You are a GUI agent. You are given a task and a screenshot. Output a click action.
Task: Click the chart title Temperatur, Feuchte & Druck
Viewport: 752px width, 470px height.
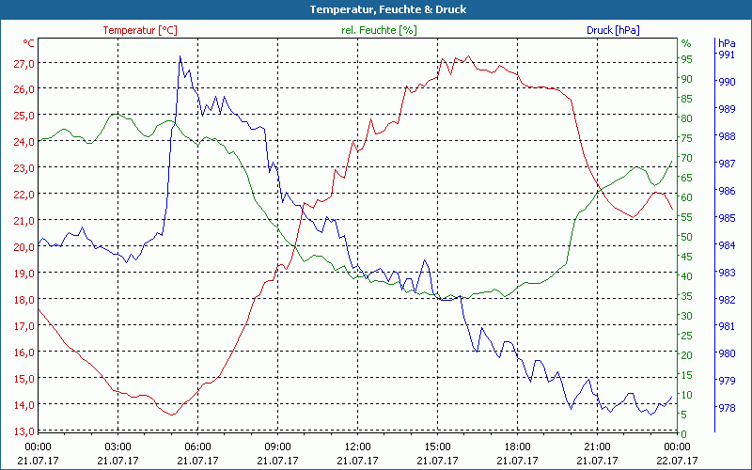tap(375, 9)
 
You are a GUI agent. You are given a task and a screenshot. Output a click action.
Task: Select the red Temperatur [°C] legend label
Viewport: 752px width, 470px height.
tap(139, 30)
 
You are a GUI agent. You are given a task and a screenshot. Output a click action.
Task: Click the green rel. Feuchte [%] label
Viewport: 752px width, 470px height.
tap(379, 30)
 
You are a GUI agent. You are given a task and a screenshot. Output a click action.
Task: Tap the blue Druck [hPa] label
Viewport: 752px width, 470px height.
tap(613, 30)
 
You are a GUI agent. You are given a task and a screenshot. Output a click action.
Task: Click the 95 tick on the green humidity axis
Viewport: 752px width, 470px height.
tap(686, 58)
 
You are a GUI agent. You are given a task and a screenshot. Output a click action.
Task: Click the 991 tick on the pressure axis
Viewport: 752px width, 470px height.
tap(726, 55)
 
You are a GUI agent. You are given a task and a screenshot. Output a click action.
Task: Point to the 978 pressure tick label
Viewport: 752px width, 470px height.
tap(726, 408)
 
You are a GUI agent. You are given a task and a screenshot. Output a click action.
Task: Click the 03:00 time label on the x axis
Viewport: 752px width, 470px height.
tap(117, 446)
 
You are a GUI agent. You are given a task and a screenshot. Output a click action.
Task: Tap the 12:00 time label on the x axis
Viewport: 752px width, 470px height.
tap(357, 446)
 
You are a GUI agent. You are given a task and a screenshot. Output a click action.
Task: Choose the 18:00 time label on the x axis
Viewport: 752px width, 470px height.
tap(517, 446)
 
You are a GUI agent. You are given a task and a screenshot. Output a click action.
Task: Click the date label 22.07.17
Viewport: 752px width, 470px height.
tap(677, 461)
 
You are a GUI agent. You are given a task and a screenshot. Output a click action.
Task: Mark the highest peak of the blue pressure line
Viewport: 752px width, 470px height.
tap(180, 56)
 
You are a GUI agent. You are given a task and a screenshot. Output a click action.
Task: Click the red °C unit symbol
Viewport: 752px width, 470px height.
tap(29, 43)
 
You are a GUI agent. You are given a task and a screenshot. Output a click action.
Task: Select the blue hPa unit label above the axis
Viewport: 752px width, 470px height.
tap(726, 42)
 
